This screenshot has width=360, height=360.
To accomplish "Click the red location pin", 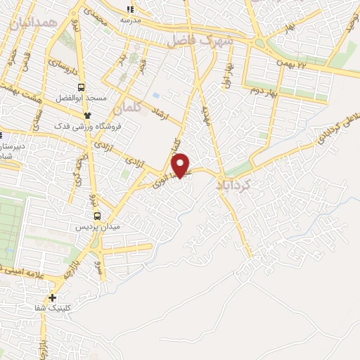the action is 181,164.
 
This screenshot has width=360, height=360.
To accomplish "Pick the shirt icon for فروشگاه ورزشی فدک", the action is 88,115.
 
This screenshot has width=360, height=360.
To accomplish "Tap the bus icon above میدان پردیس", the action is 97,216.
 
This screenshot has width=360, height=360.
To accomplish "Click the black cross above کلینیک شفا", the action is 53,299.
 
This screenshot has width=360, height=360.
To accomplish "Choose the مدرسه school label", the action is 130,20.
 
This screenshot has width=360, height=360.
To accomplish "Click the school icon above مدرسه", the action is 130,9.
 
